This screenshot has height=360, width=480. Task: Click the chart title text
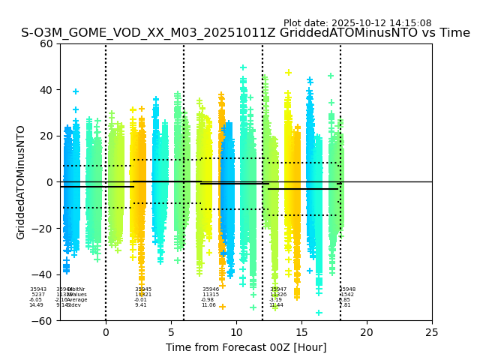coord(245,33)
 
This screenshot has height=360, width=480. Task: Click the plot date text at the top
coord(357,23)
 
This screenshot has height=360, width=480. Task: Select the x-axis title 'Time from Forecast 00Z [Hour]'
coord(245,347)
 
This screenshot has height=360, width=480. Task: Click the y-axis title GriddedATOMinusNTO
coord(21,182)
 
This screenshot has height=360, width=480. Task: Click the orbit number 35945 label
coord(143,289)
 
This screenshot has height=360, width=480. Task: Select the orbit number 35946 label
coord(211,289)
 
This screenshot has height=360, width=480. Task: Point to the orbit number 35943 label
coord(38,289)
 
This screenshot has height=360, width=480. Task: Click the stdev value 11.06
coord(208,305)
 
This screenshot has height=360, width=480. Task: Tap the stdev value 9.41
coord(141,305)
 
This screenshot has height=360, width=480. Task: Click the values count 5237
coord(38,295)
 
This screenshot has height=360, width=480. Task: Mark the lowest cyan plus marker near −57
coord(319,313)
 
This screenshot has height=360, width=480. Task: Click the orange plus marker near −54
coord(222,307)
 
